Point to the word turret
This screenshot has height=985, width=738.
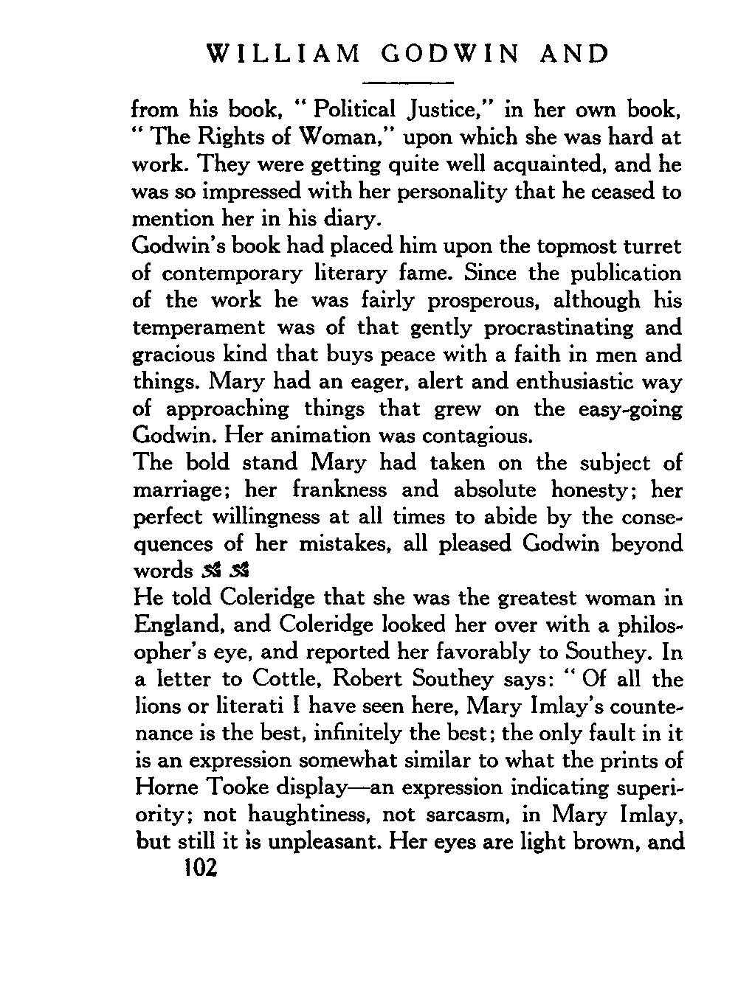click(644, 246)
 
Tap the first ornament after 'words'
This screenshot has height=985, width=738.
click(207, 571)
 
